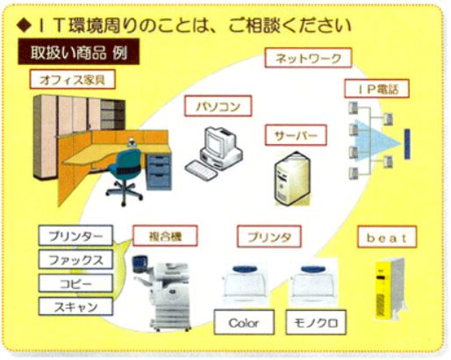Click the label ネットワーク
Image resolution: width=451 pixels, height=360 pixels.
tap(308, 58)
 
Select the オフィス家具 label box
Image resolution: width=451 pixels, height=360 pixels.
tap(73, 79)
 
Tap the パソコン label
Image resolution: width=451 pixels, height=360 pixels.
tap(218, 106)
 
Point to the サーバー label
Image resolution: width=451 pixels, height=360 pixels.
tap(296, 135)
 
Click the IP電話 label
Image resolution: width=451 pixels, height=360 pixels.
tap(376, 89)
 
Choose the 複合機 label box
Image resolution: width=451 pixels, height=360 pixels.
tap(165, 236)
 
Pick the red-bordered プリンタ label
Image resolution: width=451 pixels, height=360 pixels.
tap(269, 236)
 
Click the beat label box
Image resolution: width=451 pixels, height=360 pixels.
tap(387, 237)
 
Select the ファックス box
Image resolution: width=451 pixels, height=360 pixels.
tap(75, 260)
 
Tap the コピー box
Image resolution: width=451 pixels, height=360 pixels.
tap(75, 283)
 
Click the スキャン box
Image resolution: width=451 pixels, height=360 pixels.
tap(75, 306)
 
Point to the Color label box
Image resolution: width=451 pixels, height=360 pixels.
tap(244, 322)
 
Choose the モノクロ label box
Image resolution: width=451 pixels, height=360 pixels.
tap(316, 322)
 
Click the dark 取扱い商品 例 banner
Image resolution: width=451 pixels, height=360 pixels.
tap(79, 52)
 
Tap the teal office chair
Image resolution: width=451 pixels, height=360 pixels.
tap(125, 176)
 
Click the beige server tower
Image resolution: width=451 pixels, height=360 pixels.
tap(292, 178)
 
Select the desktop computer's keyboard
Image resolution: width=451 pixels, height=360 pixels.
tap(201, 170)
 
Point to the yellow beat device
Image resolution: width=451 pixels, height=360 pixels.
tap(390, 289)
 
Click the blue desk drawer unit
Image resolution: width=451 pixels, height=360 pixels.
tap(158, 172)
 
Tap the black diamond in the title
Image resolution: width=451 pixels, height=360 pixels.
tap(24, 25)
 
